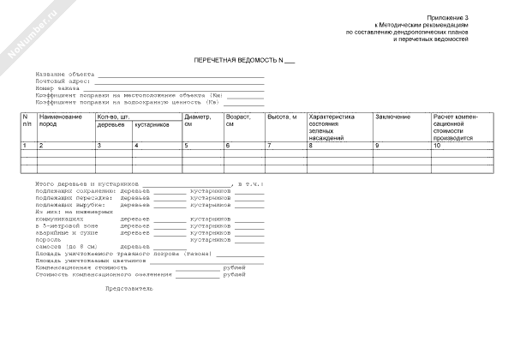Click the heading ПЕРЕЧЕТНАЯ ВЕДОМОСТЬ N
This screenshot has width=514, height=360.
point(256,61)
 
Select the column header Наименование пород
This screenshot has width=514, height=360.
point(61,120)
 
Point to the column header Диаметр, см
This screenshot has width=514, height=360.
point(197,120)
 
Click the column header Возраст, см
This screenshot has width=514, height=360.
point(237,120)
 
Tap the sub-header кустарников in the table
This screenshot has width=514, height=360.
point(152,125)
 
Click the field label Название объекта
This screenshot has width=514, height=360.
point(65,75)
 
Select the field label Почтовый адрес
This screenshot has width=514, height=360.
point(62,81)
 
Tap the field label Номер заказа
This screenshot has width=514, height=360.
point(57,87)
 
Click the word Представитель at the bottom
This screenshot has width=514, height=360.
point(128,288)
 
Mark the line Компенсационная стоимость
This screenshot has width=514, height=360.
point(81,267)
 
